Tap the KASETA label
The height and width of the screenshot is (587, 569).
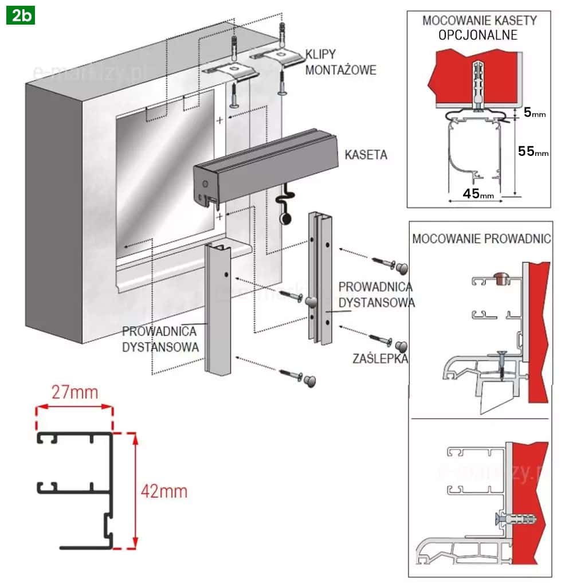(365, 155)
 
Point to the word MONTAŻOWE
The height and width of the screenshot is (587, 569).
(340, 71)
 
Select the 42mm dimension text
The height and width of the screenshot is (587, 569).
(164, 491)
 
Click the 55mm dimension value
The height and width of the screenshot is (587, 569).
(533, 151)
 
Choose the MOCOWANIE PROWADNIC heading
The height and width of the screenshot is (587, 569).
(480, 238)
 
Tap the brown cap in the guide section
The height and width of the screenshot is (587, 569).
(500, 279)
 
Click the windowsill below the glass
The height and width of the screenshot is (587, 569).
(183, 261)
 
